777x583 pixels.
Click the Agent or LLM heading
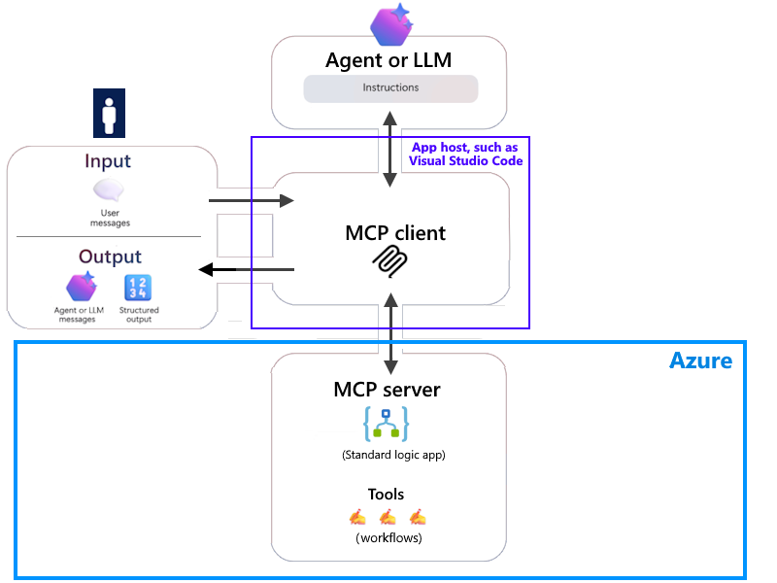[x=389, y=60]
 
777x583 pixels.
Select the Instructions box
[x=390, y=88]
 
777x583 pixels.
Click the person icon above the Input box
[x=110, y=114]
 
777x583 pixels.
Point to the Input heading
[x=108, y=161]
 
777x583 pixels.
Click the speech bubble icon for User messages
[x=109, y=190]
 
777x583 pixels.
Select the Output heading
[x=110, y=257]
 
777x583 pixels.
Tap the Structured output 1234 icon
[x=137, y=288]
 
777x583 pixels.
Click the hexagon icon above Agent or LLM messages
[x=82, y=288]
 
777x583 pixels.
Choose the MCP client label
[x=395, y=233]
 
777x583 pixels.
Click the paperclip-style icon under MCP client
[x=390, y=261]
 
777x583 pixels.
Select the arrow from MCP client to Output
[x=247, y=269]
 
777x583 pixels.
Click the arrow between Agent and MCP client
[x=390, y=150]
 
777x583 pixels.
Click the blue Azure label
[x=700, y=361]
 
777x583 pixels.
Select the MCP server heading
[x=387, y=390]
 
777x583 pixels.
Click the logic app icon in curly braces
[x=386, y=425]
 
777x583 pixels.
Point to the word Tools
[x=386, y=494]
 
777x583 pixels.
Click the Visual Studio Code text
[x=466, y=161]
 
